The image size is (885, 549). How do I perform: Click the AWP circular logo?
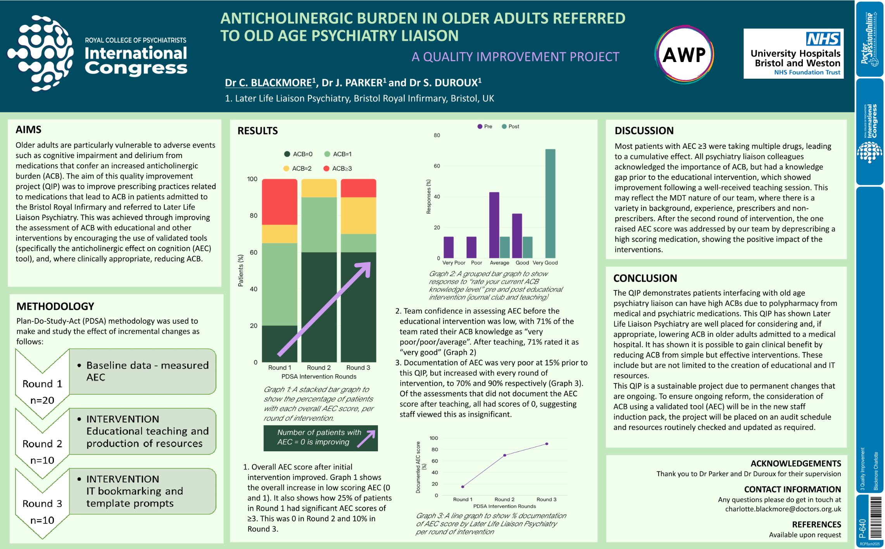(684, 55)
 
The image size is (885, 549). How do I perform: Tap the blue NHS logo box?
(823, 39)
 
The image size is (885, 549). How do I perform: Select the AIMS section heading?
(28, 129)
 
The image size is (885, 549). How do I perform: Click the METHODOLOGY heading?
(55, 306)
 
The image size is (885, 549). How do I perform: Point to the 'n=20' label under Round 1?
(42, 400)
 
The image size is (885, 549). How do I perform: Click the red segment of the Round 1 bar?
(279, 202)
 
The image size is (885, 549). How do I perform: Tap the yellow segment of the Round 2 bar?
(319, 188)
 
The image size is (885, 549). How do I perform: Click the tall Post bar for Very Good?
(550, 204)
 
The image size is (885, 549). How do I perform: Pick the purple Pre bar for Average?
(494, 225)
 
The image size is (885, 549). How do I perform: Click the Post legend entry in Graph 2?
(511, 126)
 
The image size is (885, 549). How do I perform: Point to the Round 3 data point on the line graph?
(547, 444)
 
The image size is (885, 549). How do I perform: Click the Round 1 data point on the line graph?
(462, 487)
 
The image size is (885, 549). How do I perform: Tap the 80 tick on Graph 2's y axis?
(437, 135)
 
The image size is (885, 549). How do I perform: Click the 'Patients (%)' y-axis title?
(241, 271)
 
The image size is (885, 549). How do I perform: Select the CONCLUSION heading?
(645, 278)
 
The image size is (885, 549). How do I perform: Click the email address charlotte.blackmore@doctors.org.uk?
(783, 509)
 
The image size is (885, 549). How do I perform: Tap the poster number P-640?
(862, 528)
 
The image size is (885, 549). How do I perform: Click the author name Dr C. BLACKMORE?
(268, 83)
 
